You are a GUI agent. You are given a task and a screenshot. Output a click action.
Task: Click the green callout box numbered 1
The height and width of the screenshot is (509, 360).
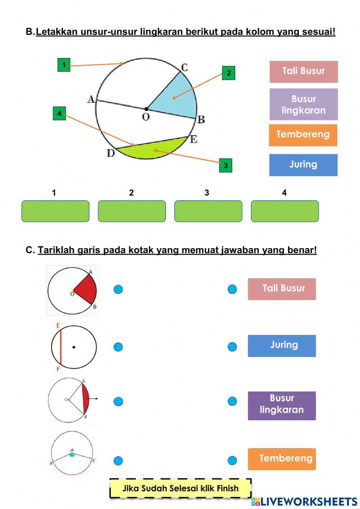64,65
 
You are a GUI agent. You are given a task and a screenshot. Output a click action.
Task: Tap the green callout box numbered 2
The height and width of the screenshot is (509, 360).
229,73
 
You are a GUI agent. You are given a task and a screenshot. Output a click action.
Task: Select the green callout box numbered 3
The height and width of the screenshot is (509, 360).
226,165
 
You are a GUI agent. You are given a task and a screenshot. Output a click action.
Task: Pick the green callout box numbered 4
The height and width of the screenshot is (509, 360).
59,113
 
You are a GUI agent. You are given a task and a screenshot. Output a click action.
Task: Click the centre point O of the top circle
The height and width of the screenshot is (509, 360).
146,108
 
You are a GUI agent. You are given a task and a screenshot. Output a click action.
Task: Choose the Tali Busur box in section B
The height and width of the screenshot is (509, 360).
303,71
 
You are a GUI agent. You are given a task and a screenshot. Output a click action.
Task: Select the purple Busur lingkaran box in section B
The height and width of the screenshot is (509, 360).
303,104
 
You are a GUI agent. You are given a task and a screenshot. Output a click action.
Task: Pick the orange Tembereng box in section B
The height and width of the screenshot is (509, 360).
303,135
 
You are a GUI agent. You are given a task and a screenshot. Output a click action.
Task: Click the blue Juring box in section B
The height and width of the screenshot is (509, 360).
303,165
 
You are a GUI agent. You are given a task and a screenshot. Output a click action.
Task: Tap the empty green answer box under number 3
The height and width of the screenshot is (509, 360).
208,211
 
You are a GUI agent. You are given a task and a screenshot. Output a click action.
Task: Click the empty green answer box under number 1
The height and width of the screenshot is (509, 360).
55,211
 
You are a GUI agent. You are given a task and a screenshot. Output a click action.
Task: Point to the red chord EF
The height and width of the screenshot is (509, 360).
60,347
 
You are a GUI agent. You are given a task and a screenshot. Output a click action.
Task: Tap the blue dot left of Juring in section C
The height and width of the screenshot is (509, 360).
232,347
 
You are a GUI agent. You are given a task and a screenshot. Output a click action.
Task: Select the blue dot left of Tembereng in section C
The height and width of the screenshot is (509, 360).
232,460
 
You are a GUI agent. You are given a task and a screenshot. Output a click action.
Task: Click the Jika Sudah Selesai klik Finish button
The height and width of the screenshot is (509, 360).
180,488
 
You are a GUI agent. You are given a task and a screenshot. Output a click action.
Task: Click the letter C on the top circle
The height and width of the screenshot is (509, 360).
184,67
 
